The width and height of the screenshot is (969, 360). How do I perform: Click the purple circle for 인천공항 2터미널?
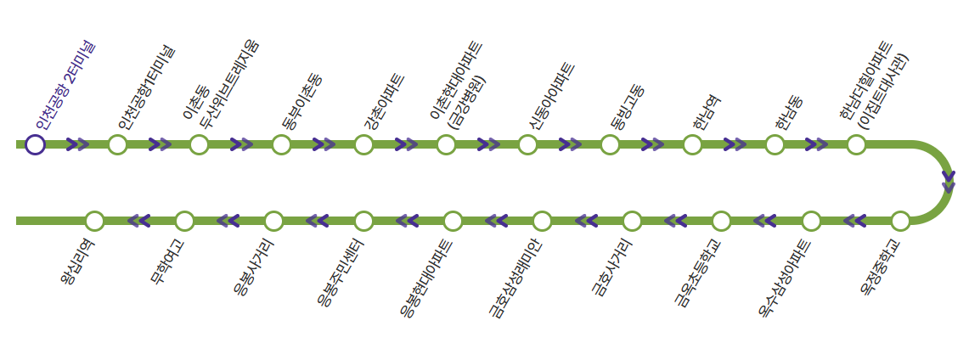pos(35,144)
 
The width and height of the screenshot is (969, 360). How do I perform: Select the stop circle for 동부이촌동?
pos(282,144)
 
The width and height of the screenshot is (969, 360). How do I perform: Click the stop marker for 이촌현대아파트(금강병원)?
pos(446,144)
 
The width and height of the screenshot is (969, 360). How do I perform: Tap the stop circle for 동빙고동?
pos(610,144)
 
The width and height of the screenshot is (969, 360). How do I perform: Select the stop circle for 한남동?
pos(775,144)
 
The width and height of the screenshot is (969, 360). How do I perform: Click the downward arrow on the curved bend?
pos(949,182)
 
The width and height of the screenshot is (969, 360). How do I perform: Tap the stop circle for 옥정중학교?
pos(900,221)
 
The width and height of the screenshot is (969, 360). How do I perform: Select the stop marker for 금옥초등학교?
pos(721,221)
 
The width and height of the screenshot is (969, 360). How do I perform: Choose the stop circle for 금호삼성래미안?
pos(542,221)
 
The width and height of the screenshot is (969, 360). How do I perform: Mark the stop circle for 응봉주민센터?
pos(363,221)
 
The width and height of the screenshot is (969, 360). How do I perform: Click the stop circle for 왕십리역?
pos(94,221)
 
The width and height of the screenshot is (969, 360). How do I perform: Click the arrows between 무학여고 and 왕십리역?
pos(139,221)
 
